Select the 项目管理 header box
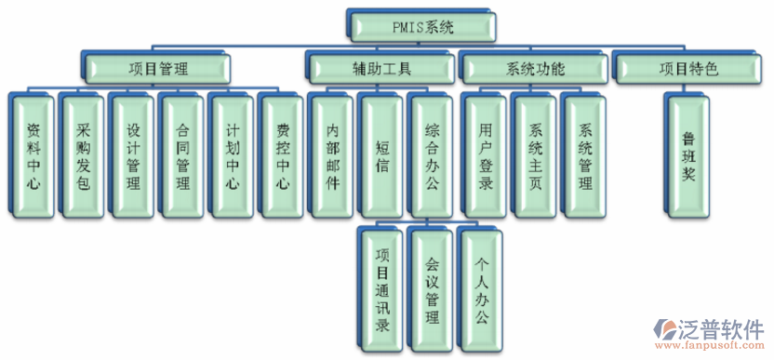click(x=157, y=68)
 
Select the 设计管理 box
click(x=132, y=153)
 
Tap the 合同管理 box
click(x=182, y=153)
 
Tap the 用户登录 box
click(x=485, y=153)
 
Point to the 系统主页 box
click(x=535, y=153)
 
